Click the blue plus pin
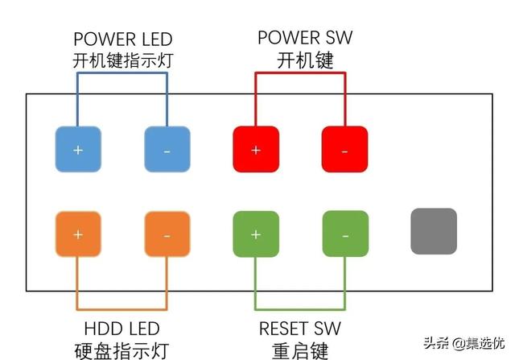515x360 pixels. coord(78,149)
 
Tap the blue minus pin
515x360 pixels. coord(167,149)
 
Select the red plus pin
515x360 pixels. coord(256,149)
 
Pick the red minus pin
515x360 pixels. coord(345,149)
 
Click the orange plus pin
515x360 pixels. coord(78,234)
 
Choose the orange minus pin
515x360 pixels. coord(167,234)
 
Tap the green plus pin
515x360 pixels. coord(256,234)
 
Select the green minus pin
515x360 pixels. coord(345,234)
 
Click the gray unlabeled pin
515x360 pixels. coord(434,231)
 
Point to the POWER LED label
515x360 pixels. coord(123,39)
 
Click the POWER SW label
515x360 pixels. coord(305,38)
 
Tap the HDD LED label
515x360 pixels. coord(122,329)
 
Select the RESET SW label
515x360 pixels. coord(300,329)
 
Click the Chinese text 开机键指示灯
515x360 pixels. coord(123,60)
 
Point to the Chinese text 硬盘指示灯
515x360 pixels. coord(122,351)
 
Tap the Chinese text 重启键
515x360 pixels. coord(300,351)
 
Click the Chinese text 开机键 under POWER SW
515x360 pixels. coord(305,60)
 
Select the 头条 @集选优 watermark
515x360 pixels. coord(463,344)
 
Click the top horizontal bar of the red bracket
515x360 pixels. coord(300,73)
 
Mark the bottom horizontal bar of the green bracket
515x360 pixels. coord(300,309)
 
